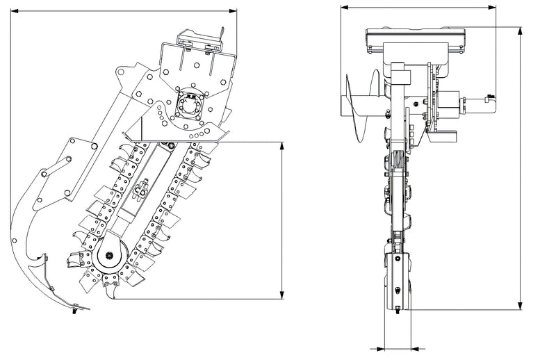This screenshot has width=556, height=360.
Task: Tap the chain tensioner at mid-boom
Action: tap(142, 188)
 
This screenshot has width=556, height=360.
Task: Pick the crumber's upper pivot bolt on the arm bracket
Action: tap(93, 145)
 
